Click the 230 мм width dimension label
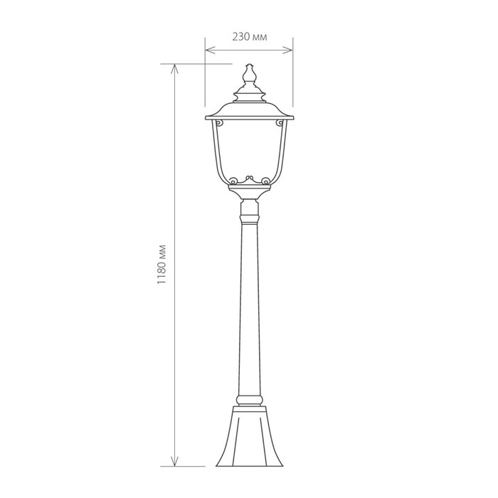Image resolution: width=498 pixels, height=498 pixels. click(x=250, y=37)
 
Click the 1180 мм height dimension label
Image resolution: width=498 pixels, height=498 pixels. click(x=161, y=264)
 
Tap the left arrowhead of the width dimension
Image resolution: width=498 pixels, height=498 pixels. click(x=211, y=50)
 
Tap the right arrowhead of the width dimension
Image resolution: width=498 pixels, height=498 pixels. click(x=287, y=50)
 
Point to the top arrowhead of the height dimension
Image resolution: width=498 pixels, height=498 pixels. click(x=174, y=69)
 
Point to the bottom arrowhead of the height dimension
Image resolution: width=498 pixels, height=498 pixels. click(x=174, y=462)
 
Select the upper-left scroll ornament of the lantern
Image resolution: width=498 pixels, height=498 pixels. click(x=218, y=122)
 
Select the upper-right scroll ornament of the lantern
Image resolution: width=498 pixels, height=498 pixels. click(x=280, y=122)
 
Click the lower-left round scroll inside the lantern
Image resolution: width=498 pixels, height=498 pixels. click(x=233, y=181)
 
